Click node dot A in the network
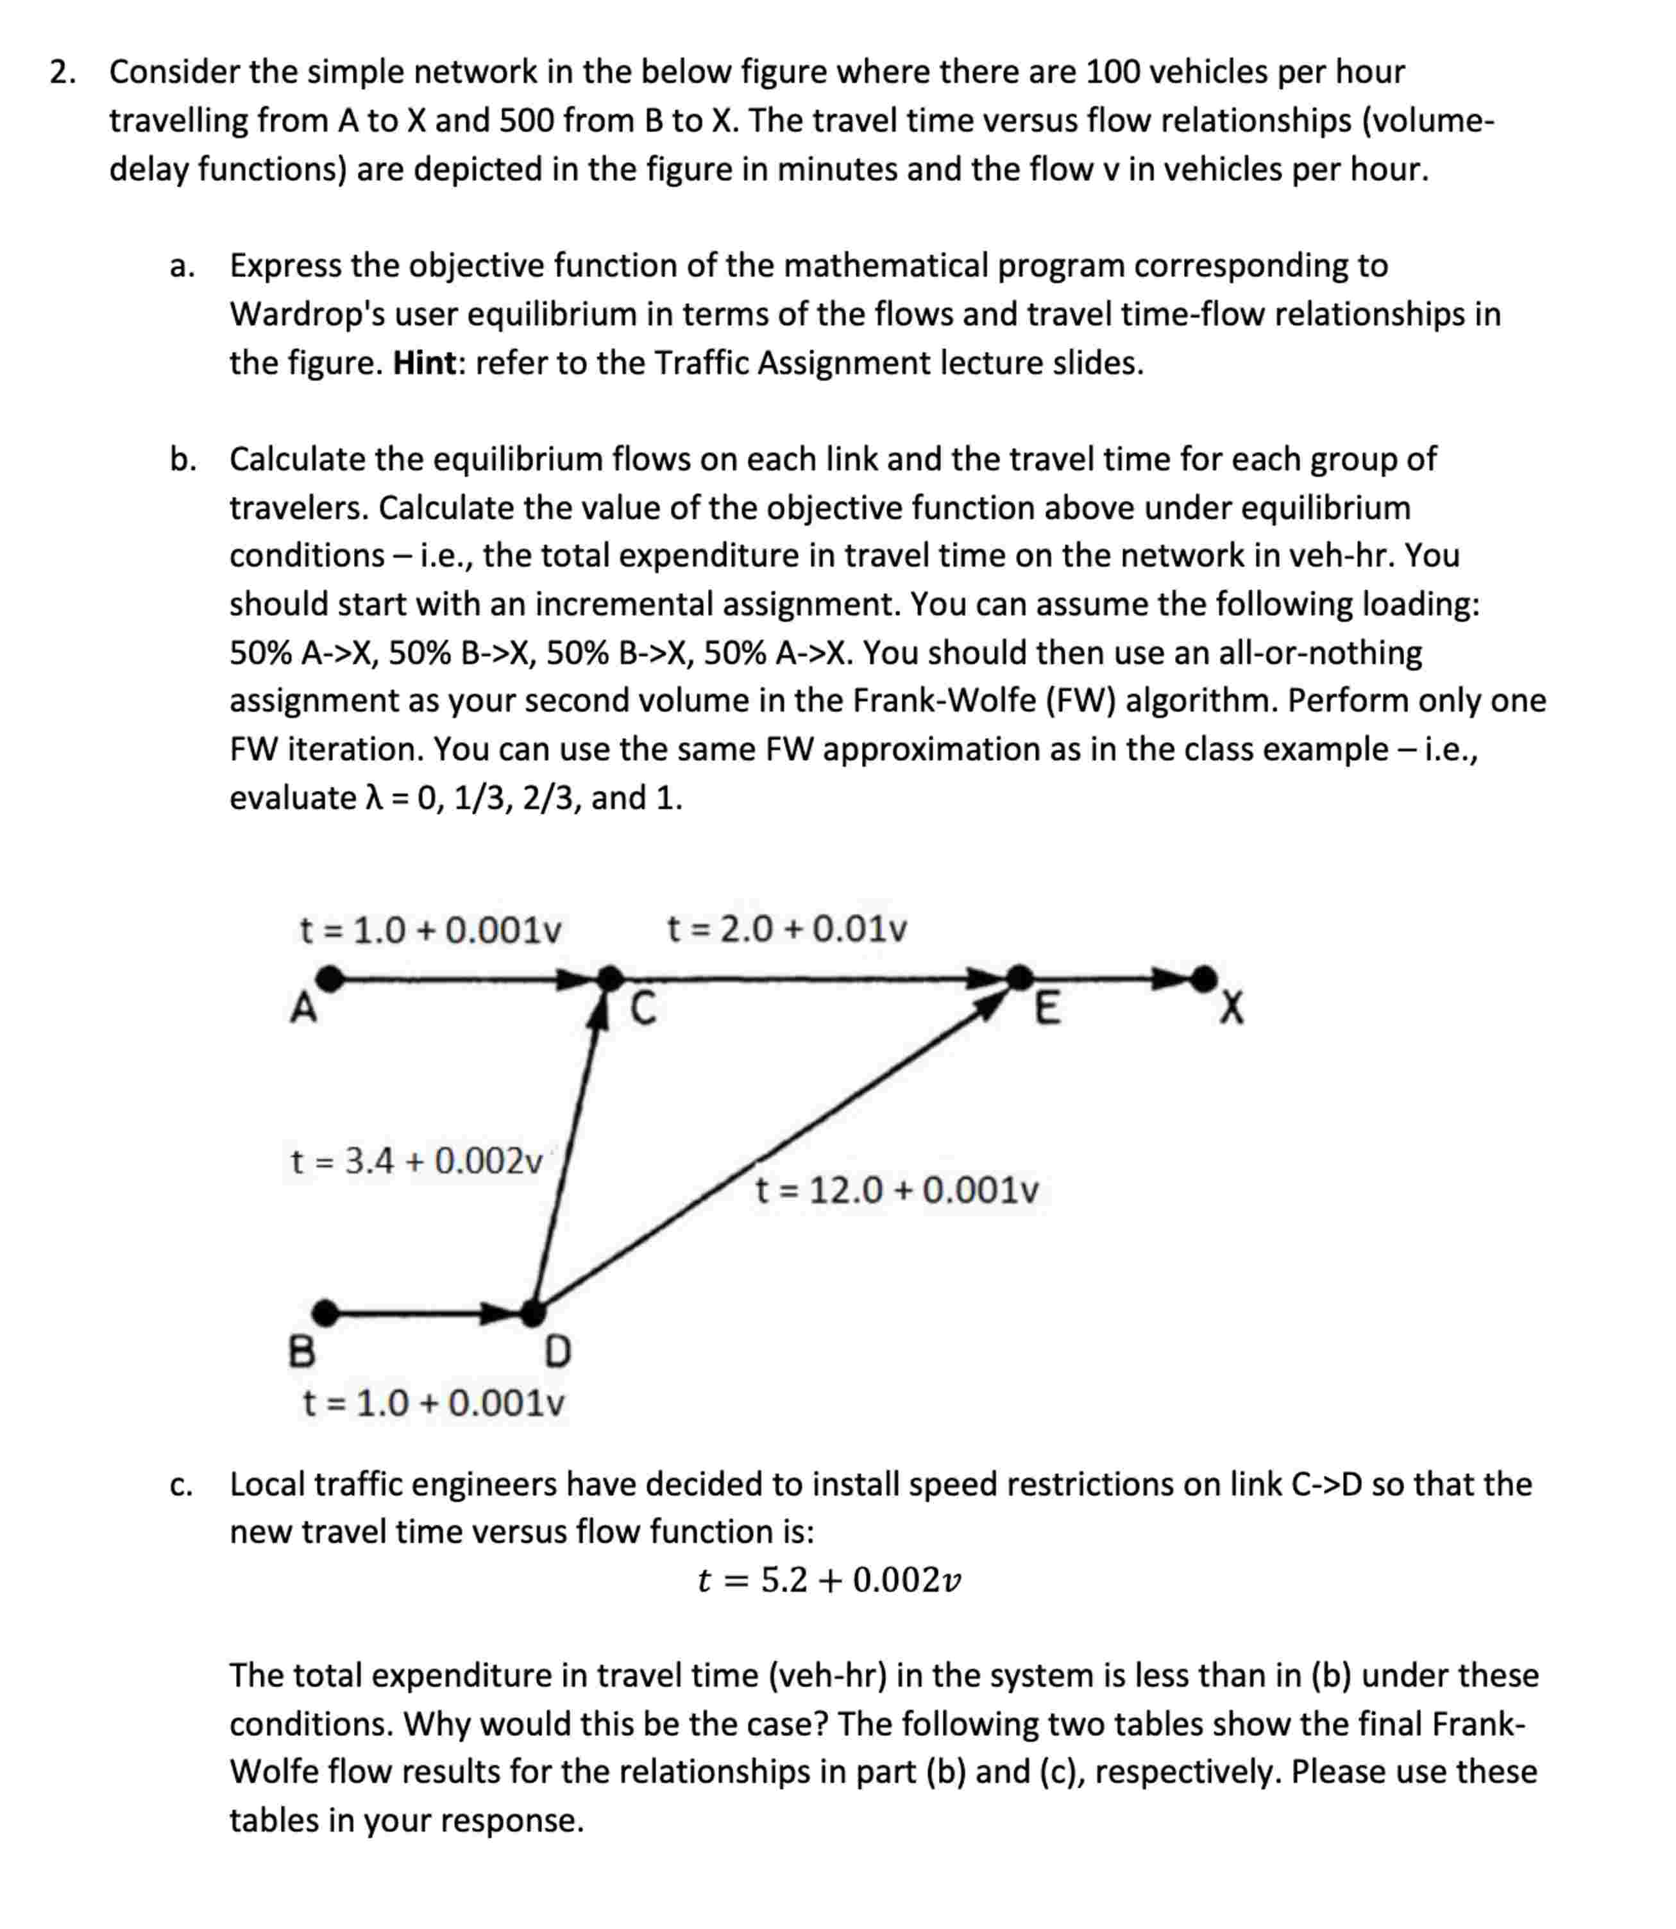pyautogui.click(x=329, y=980)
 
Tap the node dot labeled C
pyautogui.click(x=610, y=980)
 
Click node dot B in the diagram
pyautogui.click(x=325, y=1313)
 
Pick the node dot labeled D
pyautogui.click(x=533, y=1313)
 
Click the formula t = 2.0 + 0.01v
pyautogui.click(x=786, y=930)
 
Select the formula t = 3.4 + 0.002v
pyautogui.click(x=417, y=1161)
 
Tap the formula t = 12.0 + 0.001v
pyautogui.click(x=896, y=1191)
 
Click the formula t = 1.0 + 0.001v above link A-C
pyautogui.click(x=430, y=931)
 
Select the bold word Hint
pyautogui.click(x=425, y=363)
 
